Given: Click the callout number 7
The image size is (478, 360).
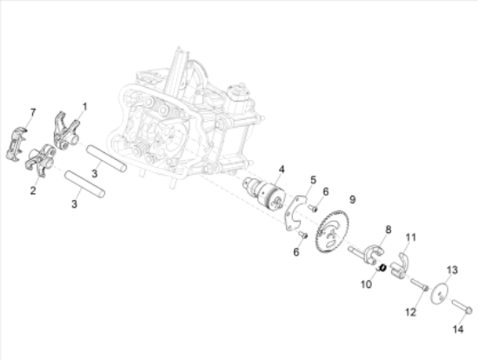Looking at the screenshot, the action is pos(32,112).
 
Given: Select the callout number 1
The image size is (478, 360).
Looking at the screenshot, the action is pos(85,107).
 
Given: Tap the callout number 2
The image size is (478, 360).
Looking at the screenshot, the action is pos(33,190).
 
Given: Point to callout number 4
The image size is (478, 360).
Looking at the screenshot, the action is pos(282,170).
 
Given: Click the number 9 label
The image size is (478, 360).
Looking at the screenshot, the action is pos(352,199).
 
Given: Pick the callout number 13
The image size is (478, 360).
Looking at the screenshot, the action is pos(452,270).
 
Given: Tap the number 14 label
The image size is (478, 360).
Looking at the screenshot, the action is pos(458,330).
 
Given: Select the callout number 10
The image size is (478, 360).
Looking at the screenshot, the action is pos(366,284).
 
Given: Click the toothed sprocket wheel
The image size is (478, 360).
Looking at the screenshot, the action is pos(331,232).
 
